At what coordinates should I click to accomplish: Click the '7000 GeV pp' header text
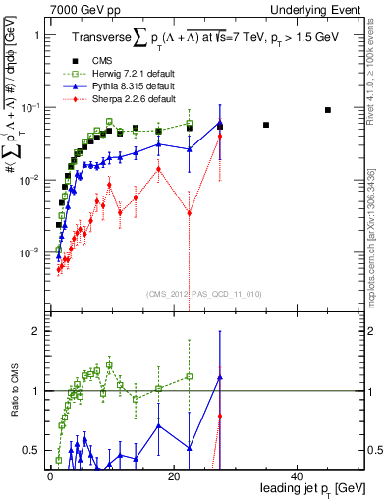click(79, 9)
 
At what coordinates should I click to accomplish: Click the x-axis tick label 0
click(50, 476)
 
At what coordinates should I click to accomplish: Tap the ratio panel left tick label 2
click(35, 332)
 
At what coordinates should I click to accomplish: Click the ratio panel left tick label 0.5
click(31, 451)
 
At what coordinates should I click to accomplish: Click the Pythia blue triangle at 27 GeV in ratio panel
click(220, 377)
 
